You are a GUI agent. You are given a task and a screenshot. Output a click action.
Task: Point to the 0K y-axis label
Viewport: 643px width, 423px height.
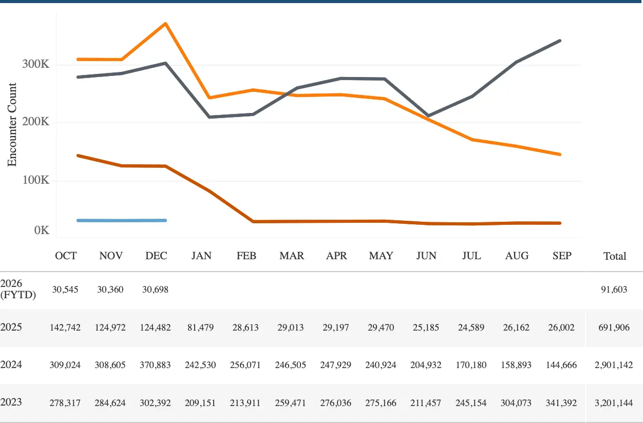[42, 230]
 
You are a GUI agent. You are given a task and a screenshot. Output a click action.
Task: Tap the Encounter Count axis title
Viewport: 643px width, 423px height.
[12, 125]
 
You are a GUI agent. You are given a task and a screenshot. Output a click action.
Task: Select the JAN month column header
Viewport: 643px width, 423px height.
[201, 256]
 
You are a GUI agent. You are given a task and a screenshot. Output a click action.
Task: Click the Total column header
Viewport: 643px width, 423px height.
[615, 256]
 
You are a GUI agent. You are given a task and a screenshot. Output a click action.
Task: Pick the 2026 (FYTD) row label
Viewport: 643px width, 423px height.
[18, 289]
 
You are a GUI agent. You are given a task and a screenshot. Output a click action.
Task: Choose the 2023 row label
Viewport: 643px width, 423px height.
[11, 401]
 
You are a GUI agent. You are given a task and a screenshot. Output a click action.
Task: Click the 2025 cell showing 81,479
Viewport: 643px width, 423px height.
[201, 328]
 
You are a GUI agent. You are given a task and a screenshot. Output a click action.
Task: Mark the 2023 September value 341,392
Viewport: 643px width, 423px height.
[562, 403]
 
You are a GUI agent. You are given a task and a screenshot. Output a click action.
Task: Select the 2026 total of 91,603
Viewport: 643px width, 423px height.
[615, 290]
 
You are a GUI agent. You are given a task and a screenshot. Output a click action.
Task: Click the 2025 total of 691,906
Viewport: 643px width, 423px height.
[615, 328]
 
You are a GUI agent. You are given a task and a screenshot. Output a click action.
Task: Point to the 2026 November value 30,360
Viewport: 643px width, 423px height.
[111, 290]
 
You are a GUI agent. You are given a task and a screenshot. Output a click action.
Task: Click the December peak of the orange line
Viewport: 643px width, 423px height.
[165, 24]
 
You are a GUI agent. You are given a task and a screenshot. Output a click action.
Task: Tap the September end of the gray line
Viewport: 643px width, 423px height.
[560, 41]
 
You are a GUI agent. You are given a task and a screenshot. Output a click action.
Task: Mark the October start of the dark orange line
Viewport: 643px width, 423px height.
[77, 155]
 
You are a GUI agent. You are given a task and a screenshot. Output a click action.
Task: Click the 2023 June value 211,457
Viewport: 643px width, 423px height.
[426, 403]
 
